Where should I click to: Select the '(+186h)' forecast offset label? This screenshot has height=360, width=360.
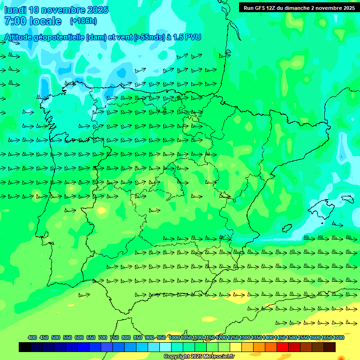[x=83, y=21]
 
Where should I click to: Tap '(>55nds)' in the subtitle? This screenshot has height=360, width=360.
[x=148, y=37]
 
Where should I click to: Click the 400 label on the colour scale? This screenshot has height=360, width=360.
[x=32, y=337]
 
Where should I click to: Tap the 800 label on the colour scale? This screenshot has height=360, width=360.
[x=126, y=337]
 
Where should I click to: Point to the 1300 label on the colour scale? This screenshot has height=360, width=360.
[x=245, y=337]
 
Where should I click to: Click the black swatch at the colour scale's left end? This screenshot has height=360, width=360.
[x=25, y=347]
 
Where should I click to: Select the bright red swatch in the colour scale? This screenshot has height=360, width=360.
[x=283, y=347]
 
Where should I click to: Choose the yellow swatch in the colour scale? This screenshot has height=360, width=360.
[x=236, y=347]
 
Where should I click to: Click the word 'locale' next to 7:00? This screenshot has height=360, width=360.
[x=45, y=21]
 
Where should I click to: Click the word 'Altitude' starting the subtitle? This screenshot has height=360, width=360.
[x=19, y=37]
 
